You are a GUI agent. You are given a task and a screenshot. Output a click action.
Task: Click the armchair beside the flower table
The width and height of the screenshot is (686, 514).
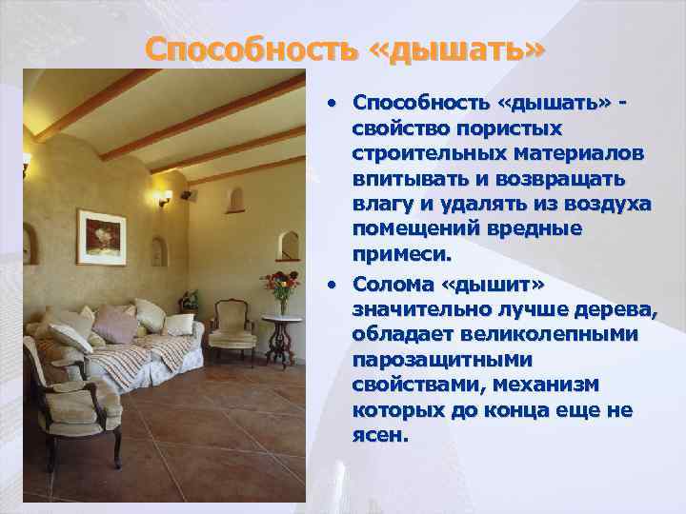click(232, 329)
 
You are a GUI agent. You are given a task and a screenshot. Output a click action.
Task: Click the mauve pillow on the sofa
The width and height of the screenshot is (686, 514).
click(115, 324)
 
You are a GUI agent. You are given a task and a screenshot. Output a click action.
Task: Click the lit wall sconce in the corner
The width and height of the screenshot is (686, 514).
click(165, 197)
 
